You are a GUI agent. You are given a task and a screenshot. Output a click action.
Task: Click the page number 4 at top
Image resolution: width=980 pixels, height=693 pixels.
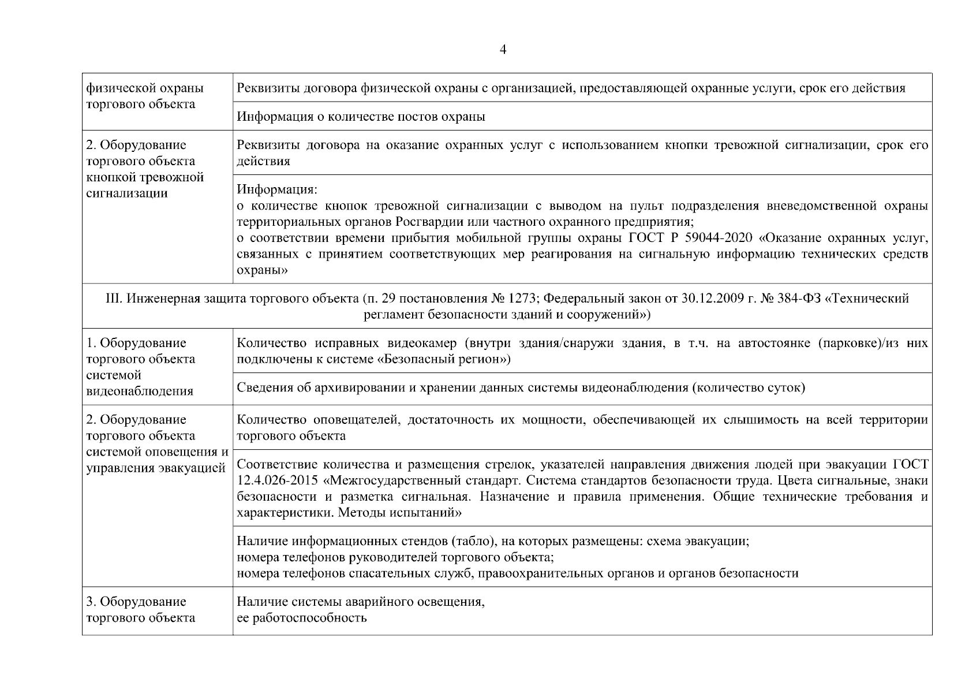pyautogui.click(x=503, y=50)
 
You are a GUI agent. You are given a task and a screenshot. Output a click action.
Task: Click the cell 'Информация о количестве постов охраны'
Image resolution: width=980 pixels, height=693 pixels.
pyautogui.click(x=361, y=117)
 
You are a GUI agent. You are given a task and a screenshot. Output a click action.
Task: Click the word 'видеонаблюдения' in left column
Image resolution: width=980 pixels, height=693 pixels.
pyautogui.click(x=139, y=392)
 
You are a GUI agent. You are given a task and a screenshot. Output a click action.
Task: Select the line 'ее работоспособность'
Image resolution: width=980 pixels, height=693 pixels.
pyautogui.click(x=302, y=618)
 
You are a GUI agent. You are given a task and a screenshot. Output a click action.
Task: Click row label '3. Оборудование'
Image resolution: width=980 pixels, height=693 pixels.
pyautogui.click(x=136, y=602)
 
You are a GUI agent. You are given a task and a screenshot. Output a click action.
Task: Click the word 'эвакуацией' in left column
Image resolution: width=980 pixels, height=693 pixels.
pyautogui.click(x=194, y=468)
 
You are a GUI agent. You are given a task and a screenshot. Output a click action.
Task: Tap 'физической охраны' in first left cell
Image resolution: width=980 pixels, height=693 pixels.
pyautogui.click(x=144, y=88)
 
